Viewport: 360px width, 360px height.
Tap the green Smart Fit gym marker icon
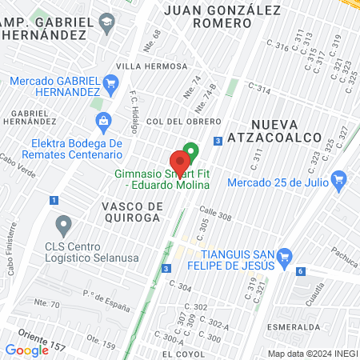click(x=190, y=150)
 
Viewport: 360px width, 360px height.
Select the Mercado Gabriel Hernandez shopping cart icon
click(x=111, y=81)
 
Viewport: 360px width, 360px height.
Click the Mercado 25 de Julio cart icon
click(x=339, y=179)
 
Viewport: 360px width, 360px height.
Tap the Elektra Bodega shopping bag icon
click(x=102, y=122)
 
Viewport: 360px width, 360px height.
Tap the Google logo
click(x=26, y=350)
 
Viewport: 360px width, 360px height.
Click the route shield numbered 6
click(x=299, y=272)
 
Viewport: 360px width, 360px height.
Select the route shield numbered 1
click(x=53, y=200)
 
